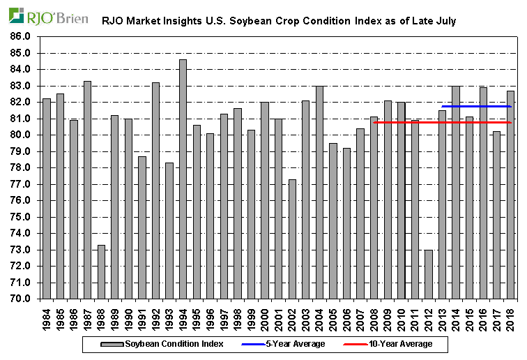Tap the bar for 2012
coord(428,274)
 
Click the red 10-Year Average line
coord(418,123)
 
